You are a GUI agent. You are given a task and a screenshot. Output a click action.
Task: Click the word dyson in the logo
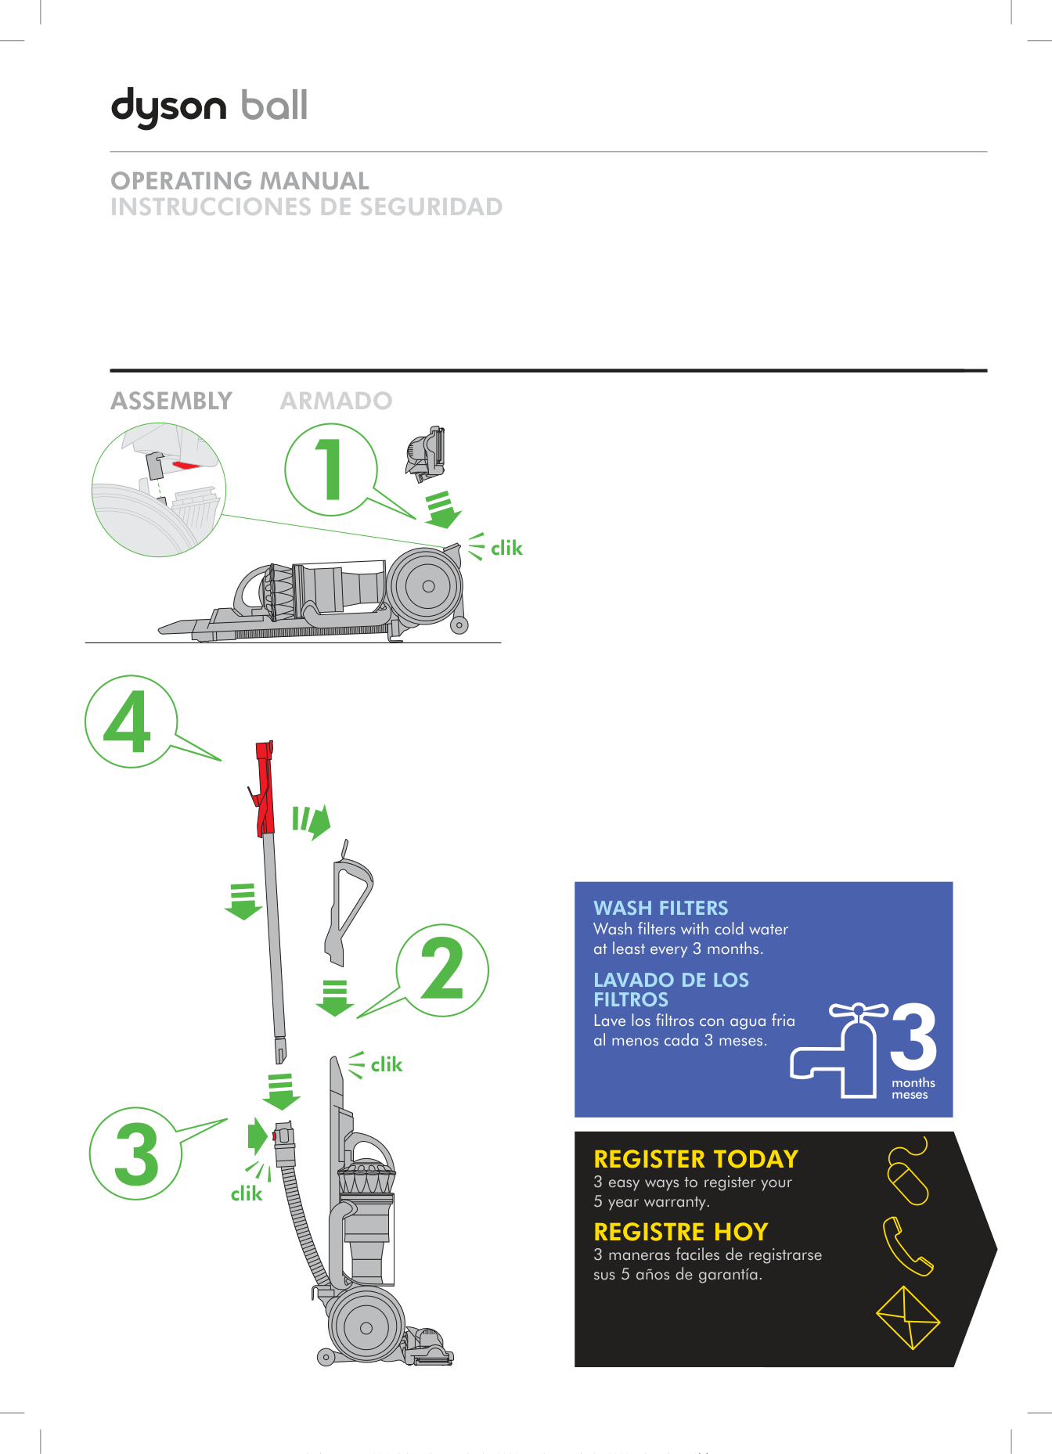pos(169,106)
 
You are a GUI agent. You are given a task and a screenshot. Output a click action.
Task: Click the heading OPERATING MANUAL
pos(240,181)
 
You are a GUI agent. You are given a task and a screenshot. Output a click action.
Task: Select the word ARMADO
pos(336,401)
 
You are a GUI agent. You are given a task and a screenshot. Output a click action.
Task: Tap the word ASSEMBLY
pos(171,401)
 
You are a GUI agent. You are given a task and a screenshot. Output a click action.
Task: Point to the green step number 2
pos(442,970)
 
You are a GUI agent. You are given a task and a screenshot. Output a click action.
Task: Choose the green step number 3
pos(136,1153)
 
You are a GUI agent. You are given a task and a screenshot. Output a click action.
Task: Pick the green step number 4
pos(128,722)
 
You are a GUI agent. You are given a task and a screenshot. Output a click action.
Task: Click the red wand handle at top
pos(265,786)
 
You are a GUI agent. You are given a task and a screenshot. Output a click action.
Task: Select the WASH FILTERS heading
pos(661,908)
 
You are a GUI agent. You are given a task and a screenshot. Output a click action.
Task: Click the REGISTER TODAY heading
pos(695,1159)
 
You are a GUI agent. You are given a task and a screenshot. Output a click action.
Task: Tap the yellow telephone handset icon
pos(906,1247)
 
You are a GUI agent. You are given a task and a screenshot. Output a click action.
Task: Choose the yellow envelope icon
pos(907,1318)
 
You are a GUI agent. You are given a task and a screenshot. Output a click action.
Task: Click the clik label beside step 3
pos(247,1194)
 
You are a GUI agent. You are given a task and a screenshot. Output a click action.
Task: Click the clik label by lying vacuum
pos(506,549)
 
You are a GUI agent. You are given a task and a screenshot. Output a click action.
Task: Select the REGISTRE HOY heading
pos(680,1232)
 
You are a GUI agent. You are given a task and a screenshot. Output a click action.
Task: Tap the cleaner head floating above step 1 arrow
pos(426,454)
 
